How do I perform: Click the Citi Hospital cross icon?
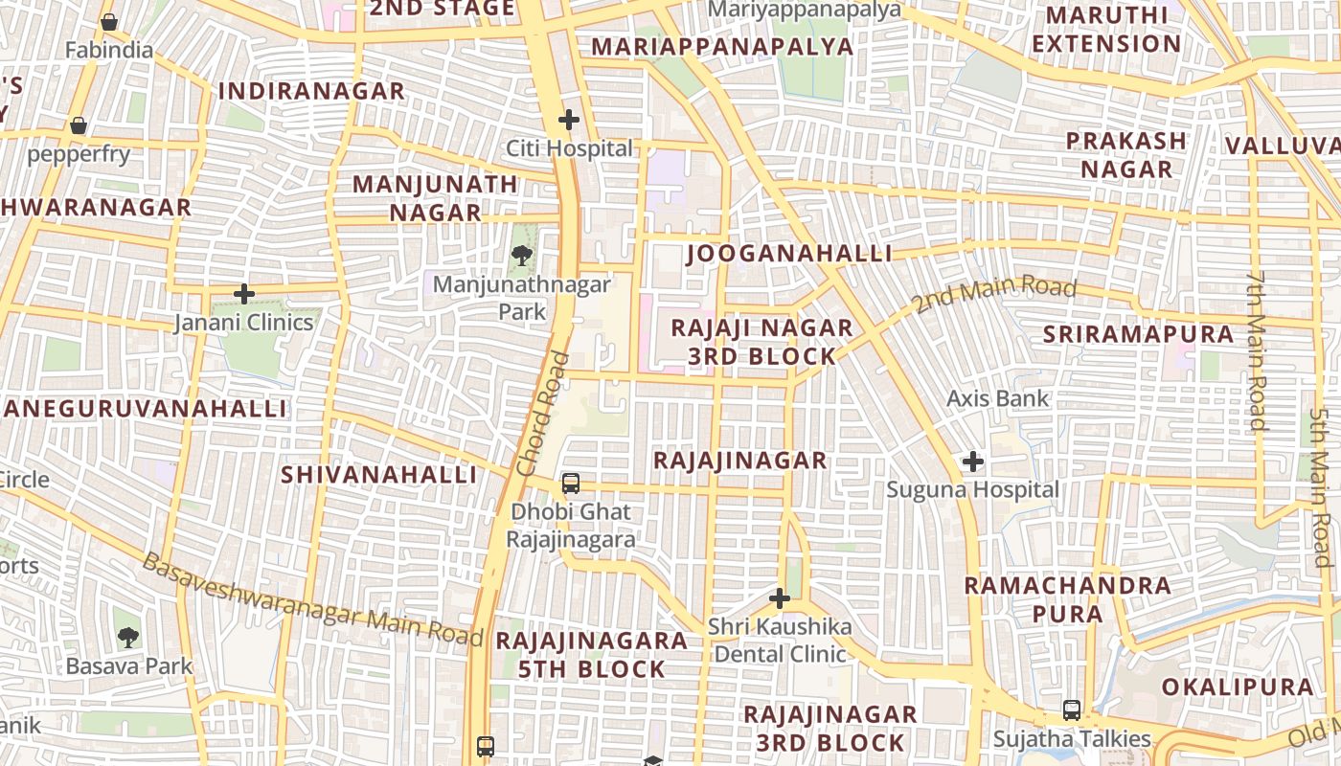[x=569, y=120]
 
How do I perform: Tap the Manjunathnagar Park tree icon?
[x=522, y=255]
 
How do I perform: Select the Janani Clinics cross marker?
[x=244, y=293]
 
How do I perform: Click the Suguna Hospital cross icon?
[x=972, y=462]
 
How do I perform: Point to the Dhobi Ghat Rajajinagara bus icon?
[x=571, y=483]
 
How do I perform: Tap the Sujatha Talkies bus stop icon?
[x=1072, y=710]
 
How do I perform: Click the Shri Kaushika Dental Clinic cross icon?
[x=780, y=599]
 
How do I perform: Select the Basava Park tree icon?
[x=127, y=637]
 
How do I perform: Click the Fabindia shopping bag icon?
[x=109, y=21]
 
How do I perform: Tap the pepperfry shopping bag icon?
[x=79, y=125]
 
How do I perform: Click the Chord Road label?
[x=542, y=415]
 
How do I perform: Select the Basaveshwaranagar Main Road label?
[x=312, y=599]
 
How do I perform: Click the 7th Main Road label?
[x=1257, y=349]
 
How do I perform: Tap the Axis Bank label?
[x=998, y=398]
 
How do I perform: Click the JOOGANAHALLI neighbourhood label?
[x=789, y=254]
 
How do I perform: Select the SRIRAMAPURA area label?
[x=1138, y=334]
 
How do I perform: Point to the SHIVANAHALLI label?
[x=378, y=475]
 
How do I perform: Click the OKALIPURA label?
[x=1238, y=687]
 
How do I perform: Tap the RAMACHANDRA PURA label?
[x=1067, y=599]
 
